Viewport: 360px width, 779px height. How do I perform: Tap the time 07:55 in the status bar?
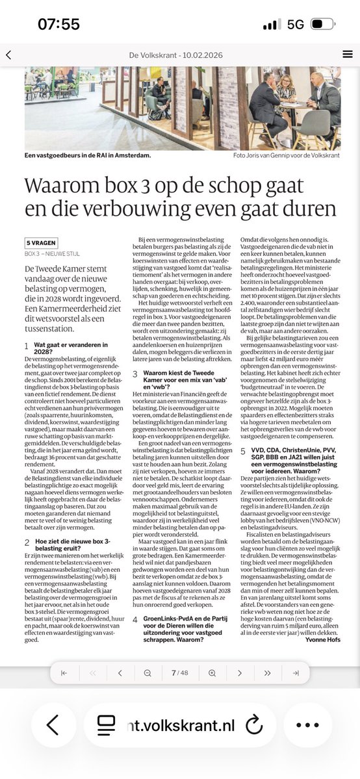[x=58, y=24]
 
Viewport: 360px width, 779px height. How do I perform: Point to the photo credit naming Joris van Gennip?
[x=287, y=156]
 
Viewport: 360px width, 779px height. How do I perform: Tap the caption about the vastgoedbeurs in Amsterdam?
[x=88, y=156]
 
